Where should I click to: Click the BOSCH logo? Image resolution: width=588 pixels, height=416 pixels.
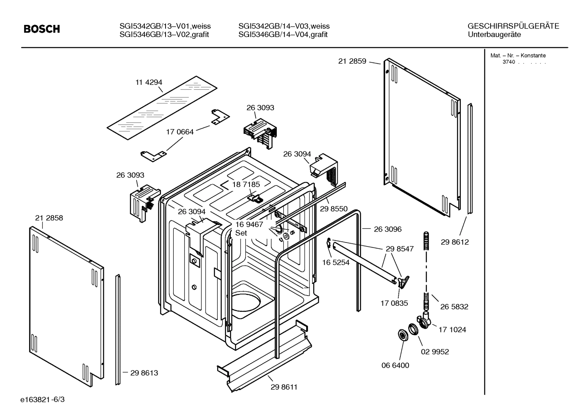(42, 29)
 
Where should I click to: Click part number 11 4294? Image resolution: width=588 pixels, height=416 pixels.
(149, 82)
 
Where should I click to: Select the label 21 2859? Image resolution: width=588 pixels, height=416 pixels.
(352, 61)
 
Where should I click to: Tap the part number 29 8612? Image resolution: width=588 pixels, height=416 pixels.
(455, 242)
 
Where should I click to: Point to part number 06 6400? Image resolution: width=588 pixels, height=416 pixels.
(395, 365)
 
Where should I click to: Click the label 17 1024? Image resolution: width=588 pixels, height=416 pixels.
(452, 330)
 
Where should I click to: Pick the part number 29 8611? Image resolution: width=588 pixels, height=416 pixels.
(284, 387)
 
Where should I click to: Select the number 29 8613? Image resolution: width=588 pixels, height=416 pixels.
(144, 373)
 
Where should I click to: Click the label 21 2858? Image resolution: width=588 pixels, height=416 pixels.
(49, 218)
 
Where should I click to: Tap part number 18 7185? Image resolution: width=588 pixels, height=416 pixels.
(246, 185)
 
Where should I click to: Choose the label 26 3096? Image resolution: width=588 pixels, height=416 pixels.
(387, 229)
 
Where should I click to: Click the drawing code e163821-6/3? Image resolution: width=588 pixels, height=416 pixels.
(42, 399)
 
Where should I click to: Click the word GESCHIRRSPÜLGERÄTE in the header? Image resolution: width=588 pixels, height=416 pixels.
(513, 26)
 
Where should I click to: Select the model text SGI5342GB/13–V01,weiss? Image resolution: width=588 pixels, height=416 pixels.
(165, 26)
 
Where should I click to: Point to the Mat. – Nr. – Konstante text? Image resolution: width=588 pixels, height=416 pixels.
(517, 56)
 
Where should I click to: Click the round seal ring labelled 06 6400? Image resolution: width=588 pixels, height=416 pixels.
(403, 335)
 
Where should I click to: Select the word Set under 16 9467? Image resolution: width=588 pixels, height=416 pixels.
(241, 233)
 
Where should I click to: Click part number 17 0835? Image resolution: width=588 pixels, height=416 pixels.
(394, 303)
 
